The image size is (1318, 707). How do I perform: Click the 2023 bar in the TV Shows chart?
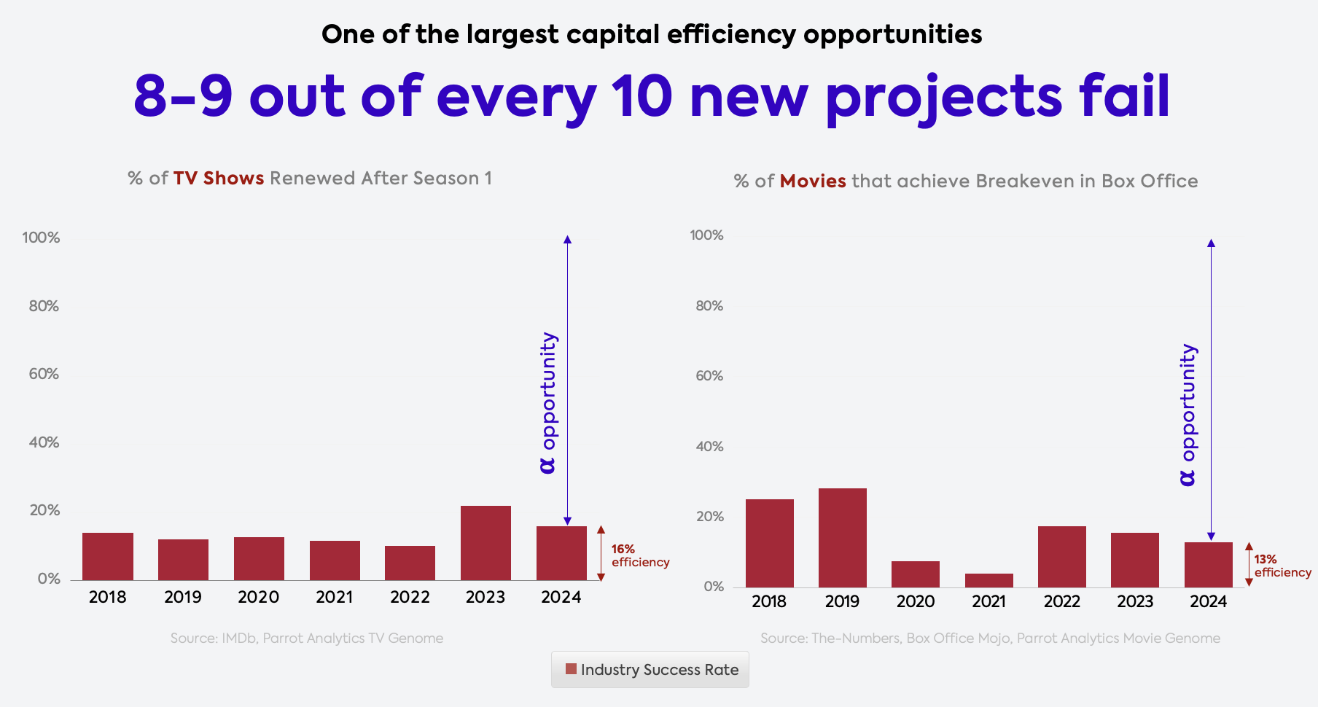coord(486,543)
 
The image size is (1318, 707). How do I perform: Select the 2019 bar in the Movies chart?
coord(842,538)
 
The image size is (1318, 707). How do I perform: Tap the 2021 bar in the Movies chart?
coord(988,581)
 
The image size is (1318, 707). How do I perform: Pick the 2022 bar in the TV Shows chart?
coord(410,563)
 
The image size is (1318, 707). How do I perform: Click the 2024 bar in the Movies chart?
coord(1208,565)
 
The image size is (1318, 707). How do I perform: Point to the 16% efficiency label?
coord(639,555)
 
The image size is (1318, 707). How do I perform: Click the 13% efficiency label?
coord(1282,566)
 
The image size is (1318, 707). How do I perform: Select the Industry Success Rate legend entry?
coord(651,670)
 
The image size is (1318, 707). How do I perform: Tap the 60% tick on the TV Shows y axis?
coord(44,374)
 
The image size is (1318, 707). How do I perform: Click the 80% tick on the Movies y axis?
coord(709,306)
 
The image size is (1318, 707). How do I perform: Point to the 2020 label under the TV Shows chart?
coord(258,598)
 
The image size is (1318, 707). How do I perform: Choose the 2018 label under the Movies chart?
coord(769,602)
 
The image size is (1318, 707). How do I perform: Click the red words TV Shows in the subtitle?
coord(218,179)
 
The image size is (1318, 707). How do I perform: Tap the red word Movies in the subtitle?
coord(813,181)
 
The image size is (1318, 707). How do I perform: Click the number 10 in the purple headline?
coord(641,97)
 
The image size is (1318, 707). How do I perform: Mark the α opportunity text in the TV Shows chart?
coord(548,402)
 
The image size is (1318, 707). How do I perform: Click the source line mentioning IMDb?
coord(306,638)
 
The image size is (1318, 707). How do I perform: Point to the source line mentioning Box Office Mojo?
coord(990,638)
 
